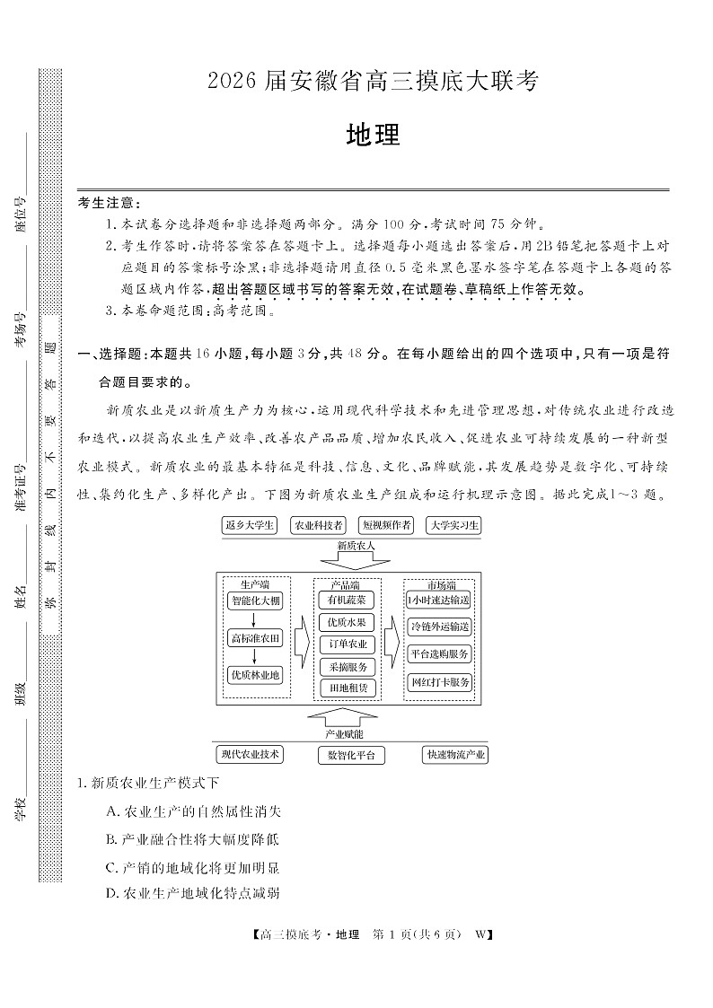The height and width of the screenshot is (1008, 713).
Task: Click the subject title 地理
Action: (372, 136)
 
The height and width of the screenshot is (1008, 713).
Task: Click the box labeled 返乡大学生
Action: (250, 526)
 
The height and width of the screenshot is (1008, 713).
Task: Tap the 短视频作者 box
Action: (386, 526)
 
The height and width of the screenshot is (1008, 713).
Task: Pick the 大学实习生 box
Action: (454, 526)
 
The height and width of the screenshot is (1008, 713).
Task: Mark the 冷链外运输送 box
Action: (439, 627)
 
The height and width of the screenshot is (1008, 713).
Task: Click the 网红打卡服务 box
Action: (439, 682)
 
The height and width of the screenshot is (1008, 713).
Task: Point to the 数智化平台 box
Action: (351, 755)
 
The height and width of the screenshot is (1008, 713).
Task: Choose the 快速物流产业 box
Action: (455, 755)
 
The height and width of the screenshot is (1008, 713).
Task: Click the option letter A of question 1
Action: (111, 811)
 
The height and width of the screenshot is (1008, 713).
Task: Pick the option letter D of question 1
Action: (111, 892)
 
